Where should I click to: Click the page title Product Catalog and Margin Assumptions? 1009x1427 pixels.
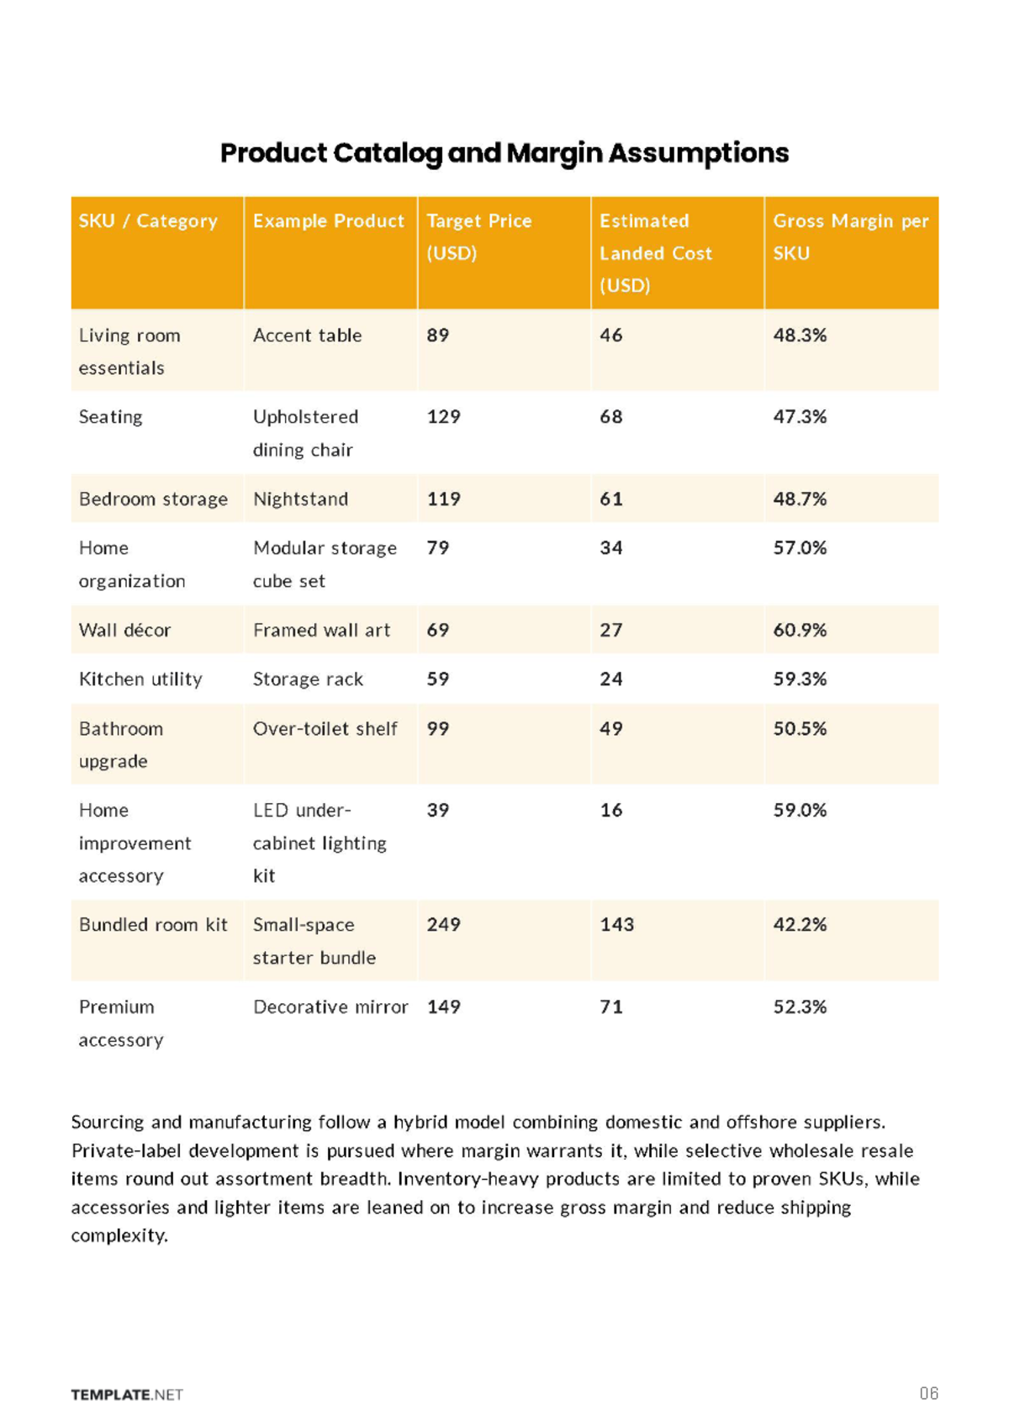pyautogui.click(x=504, y=154)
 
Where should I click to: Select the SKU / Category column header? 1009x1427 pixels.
pyautogui.click(x=148, y=220)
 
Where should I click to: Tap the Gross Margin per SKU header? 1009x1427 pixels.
pyautogui.click(x=850, y=237)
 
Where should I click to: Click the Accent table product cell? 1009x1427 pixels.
pyautogui.click(x=307, y=335)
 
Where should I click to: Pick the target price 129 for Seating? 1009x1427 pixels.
pyautogui.click(x=443, y=416)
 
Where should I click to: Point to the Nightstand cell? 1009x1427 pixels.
pyautogui.click(x=300, y=499)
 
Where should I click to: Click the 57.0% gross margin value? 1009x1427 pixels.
pyautogui.click(x=800, y=548)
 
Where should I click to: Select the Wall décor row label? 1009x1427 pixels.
pyautogui.click(x=124, y=630)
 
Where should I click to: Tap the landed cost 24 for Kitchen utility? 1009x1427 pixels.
pyautogui.click(x=611, y=679)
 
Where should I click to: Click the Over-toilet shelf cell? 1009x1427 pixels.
pyautogui.click(x=325, y=728)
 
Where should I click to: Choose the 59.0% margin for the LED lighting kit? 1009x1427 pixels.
pyautogui.click(x=800, y=811)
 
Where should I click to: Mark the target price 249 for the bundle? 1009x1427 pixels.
pyautogui.click(x=443, y=924)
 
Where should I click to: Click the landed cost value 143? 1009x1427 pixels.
pyautogui.click(x=616, y=924)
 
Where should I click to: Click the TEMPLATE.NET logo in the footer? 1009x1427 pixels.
pyautogui.click(x=127, y=1394)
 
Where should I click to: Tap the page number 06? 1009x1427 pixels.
pyautogui.click(x=929, y=1393)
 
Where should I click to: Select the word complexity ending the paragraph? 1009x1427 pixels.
pyautogui.click(x=119, y=1236)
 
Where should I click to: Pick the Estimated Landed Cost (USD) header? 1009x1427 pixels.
pyautogui.click(x=656, y=253)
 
